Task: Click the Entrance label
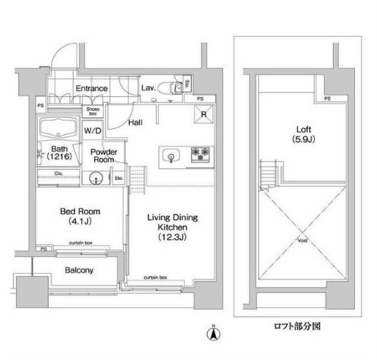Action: [x=91, y=89]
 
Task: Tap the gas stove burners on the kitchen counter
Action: [x=201, y=154]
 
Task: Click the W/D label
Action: [x=93, y=132]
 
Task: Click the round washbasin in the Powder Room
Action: [x=94, y=178]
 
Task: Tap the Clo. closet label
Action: [x=58, y=173]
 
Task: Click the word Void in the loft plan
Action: [x=302, y=240]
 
